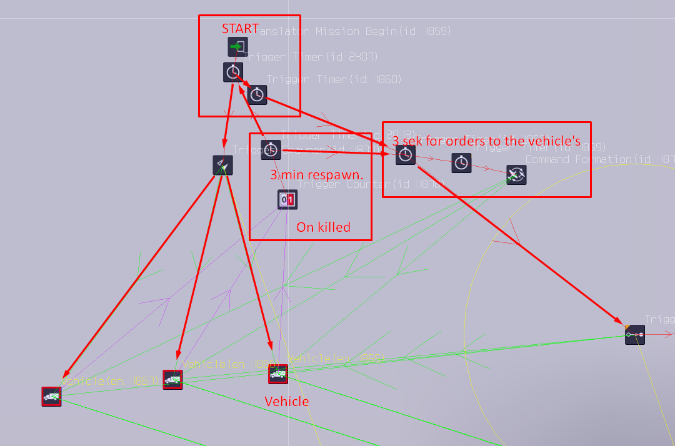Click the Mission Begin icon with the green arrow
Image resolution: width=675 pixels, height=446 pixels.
pyautogui.click(x=237, y=47)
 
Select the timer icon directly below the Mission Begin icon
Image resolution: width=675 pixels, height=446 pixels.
pyautogui.click(x=233, y=72)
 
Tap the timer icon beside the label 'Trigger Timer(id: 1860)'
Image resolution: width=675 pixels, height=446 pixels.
pyautogui.click(x=257, y=94)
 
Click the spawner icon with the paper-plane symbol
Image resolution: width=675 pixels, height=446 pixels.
pyautogui.click(x=222, y=165)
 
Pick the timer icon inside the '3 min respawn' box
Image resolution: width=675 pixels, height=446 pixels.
pyautogui.click(x=271, y=150)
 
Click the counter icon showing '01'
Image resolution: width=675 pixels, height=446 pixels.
pyautogui.click(x=287, y=200)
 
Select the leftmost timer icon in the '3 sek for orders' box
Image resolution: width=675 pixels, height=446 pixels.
pyautogui.click(x=406, y=155)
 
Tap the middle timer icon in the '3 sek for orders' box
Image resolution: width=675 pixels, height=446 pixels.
pyautogui.click(x=461, y=163)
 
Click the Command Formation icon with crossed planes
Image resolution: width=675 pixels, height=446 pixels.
pyautogui.click(x=516, y=175)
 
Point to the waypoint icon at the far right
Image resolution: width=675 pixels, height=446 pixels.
pyautogui.click(x=635, y=335)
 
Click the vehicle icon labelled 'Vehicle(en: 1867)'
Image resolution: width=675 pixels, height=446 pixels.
pyautogui.click(x=52, y=396)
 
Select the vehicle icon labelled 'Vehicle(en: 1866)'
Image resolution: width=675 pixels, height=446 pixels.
pyautogui.click(x=172, y=379)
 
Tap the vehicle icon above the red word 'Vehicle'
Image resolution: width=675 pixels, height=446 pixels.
pyautogui.click(x=277, y=374)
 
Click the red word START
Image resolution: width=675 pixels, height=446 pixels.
pyautogui.click(x=240, y=29)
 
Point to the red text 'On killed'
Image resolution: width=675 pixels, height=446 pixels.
pyautogui.click(x=323, y=227)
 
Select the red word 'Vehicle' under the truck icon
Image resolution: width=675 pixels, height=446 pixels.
pyautogui.click(x=287, y=401)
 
